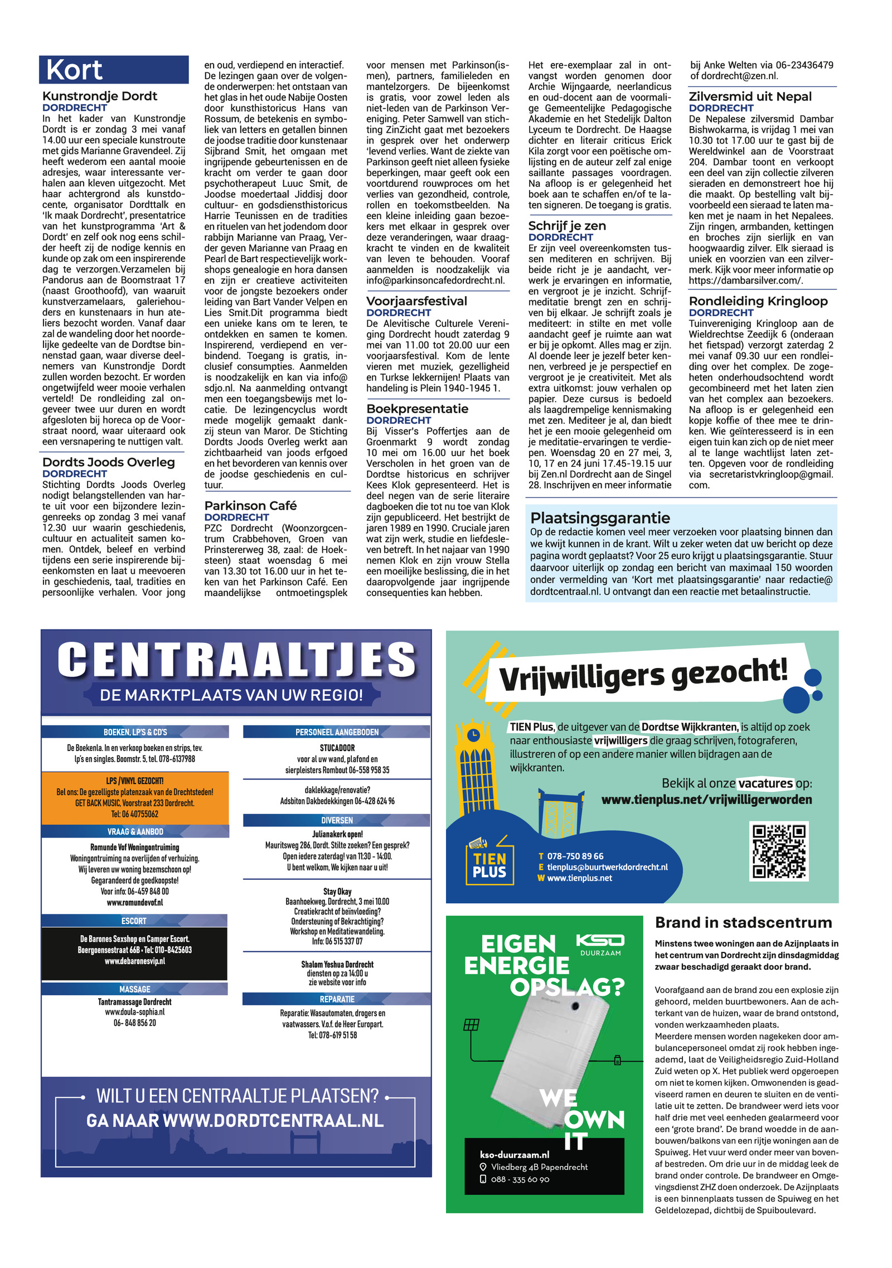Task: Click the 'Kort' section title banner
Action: (114, 70)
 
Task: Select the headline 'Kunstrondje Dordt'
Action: (100, 96)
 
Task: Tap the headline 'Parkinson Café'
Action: (250, 506)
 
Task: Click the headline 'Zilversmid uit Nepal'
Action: (750, 96)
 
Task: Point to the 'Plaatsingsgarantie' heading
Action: (600, 517)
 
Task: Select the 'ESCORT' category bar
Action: (134, 921)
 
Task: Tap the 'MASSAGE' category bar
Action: (134, 989)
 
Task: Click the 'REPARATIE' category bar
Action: (337, 999)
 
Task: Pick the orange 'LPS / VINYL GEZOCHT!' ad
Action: (135, 797)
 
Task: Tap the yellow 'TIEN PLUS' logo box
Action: (489, 865)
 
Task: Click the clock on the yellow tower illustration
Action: (473, 735)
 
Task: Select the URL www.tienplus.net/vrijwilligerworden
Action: (706, 800)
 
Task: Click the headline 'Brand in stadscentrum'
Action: (743, 923)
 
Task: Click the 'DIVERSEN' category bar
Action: (337, 820)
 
